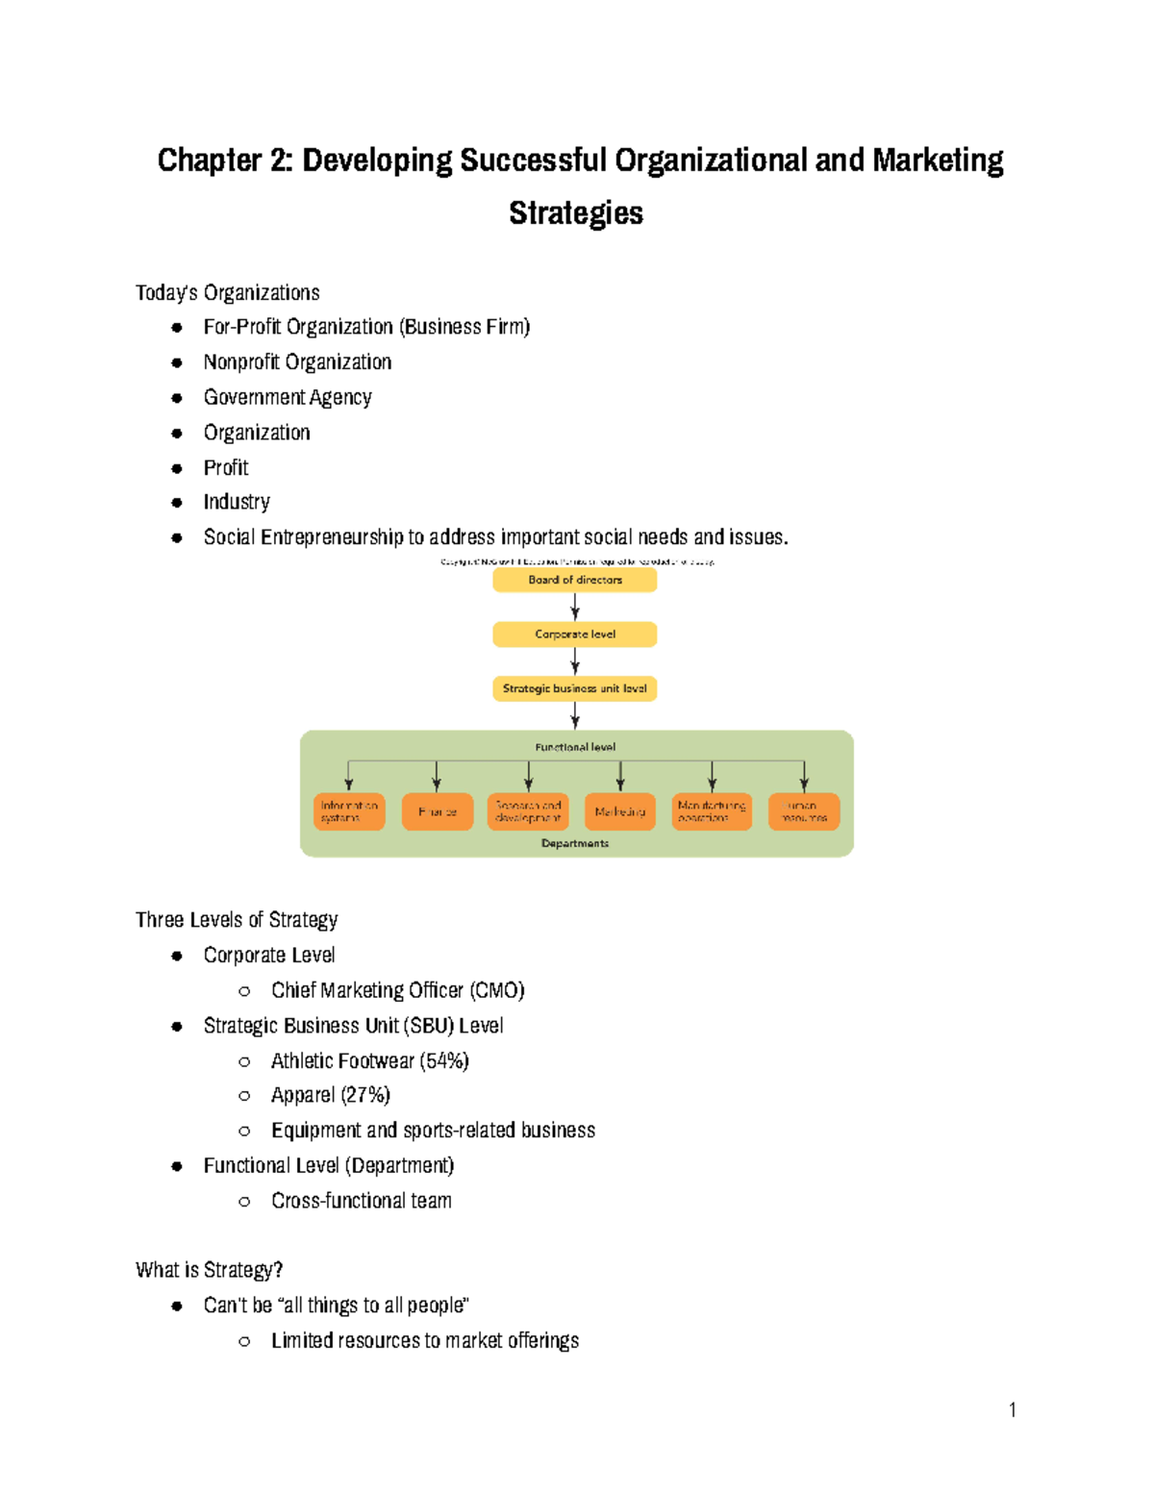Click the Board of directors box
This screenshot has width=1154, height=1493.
point(574,580)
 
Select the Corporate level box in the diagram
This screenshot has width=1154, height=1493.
point(574,635)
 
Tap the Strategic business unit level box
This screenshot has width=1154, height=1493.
point(574,688)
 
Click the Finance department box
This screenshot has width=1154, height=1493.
point(437,811)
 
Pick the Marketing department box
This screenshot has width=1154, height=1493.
point(620,811)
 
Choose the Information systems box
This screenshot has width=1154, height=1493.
point(348,811)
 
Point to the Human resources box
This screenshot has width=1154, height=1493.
point(804,811)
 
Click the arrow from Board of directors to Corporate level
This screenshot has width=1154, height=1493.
point(575,607)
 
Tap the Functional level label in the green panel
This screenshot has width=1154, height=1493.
point(575,747)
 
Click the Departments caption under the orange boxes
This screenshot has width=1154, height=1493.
point(575,843)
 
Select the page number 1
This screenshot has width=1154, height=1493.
point(1012,1409)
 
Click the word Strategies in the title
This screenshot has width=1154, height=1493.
point(576,212)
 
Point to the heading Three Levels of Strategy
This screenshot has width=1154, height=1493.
point(237,920)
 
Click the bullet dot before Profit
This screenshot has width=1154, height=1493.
point(177,468)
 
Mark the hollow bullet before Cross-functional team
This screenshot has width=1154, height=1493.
point(244,1201)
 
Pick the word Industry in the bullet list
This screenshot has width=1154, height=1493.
point(237,502)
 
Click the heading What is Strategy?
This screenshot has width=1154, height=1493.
point(210,1270)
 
